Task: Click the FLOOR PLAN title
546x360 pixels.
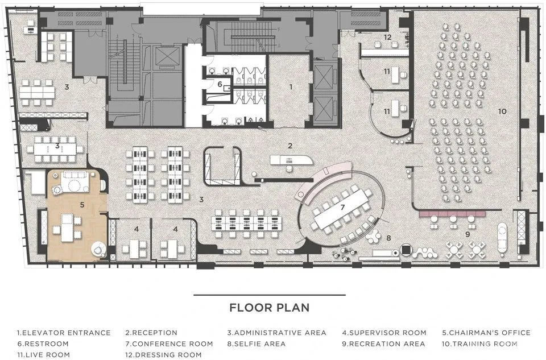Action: (270, 308)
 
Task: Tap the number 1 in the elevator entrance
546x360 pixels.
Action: (291, 87)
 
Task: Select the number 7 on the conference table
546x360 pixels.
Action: (342, 208)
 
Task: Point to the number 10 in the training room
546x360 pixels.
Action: (502, 111)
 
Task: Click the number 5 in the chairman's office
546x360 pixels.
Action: (82, 205)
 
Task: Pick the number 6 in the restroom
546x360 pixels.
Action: (220, 84)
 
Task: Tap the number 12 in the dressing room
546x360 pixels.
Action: (387, 37)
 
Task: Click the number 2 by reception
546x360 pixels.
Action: (290, 146)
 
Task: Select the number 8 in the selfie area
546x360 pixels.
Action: (388, 238)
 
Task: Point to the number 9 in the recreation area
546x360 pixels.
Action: (468, 234)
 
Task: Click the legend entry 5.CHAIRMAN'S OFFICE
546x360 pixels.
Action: (486, 333)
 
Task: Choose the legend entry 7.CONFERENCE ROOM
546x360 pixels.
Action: (169, 344)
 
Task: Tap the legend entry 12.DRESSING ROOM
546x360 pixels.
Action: (164, 355)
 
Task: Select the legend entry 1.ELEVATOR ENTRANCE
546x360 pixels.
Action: (64, 333)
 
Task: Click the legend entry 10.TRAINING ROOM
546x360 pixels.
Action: (480, 344)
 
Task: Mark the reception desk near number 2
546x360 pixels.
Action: (291, 160)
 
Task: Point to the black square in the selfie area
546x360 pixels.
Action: (406, 250)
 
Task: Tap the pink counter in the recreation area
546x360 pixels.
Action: (452, 213)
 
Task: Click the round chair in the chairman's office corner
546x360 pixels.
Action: (98, 249)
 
